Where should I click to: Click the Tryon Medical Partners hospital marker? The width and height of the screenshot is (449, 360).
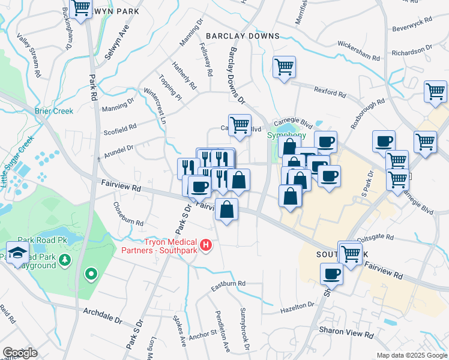pyautogui.click(x=206, y=245)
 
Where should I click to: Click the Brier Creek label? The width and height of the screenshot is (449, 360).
pyautogui.click(x=54, y=111)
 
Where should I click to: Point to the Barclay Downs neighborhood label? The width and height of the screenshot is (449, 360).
pyautogui.click(x=243, y=36)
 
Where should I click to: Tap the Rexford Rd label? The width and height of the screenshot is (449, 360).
pyautogui.click(x=330, y=91)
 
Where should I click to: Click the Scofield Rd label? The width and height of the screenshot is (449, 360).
pyautogui.click(x=119, y=128)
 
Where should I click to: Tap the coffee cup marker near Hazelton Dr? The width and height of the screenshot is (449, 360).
pyautogui.click(x=331, y=274)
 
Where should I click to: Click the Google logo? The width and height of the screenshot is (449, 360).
pyautogui.click(x=20, y=353)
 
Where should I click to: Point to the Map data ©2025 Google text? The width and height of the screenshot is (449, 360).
pyautogui.click(x=411, y=355)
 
